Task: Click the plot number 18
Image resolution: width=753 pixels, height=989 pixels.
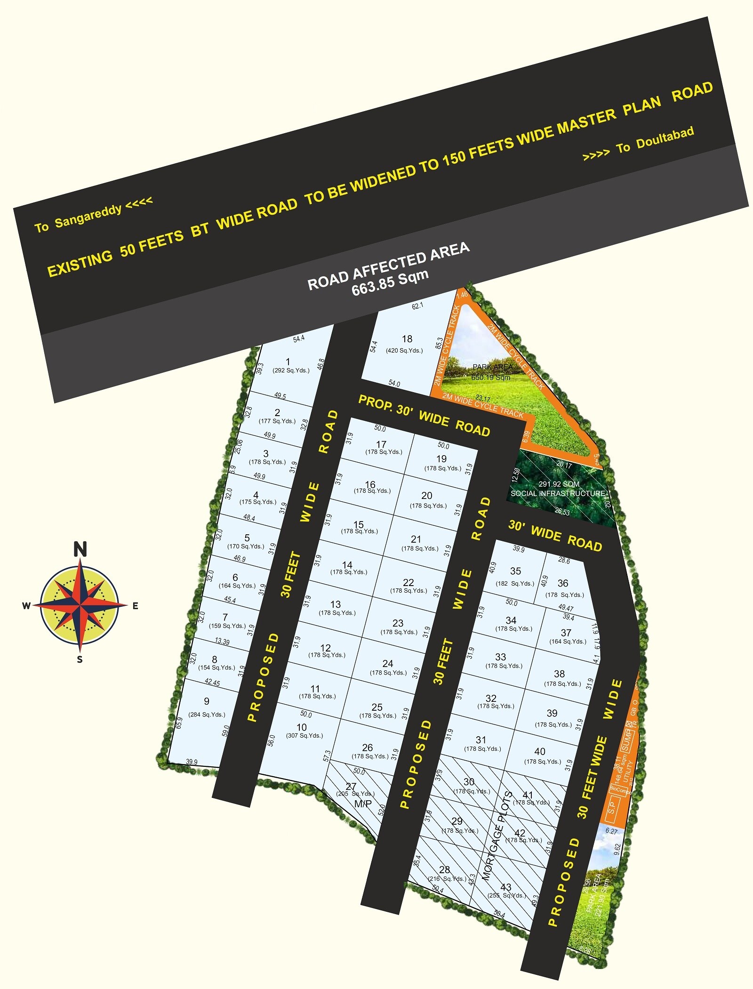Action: coord(407,339)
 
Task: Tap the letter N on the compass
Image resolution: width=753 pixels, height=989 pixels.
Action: coord(80,549)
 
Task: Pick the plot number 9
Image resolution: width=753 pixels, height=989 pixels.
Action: coord(207,701)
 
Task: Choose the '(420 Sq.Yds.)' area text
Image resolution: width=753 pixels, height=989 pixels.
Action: coord(404,350)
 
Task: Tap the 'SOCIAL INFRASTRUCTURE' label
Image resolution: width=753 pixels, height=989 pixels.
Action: coord(558,493)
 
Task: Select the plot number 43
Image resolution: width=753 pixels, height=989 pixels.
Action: coord(505,887)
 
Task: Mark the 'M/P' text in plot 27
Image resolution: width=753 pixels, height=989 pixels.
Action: coord(363,804)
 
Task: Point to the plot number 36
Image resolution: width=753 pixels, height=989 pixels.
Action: coord(563,583)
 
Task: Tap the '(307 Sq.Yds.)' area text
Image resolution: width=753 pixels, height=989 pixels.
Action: coord(304,735)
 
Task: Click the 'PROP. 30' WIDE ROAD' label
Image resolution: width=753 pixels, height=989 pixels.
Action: coord(424,416)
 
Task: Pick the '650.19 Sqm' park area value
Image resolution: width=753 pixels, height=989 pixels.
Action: coord(491,377)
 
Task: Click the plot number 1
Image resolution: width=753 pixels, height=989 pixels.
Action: coord(288,362)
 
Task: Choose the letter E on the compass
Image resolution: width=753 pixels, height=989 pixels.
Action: coord(135,606)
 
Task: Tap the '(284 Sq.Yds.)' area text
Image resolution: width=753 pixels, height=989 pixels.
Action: coord(207,715)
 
